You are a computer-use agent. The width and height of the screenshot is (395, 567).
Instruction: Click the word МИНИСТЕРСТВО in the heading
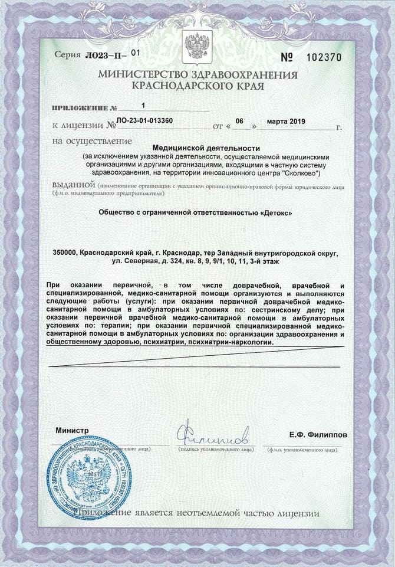click(146, 75)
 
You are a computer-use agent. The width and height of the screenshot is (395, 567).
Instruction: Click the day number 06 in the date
click(239, 121)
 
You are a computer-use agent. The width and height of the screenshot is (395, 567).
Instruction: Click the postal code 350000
click(65, 252)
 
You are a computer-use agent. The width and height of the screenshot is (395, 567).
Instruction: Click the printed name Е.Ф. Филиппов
click(318, 435)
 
